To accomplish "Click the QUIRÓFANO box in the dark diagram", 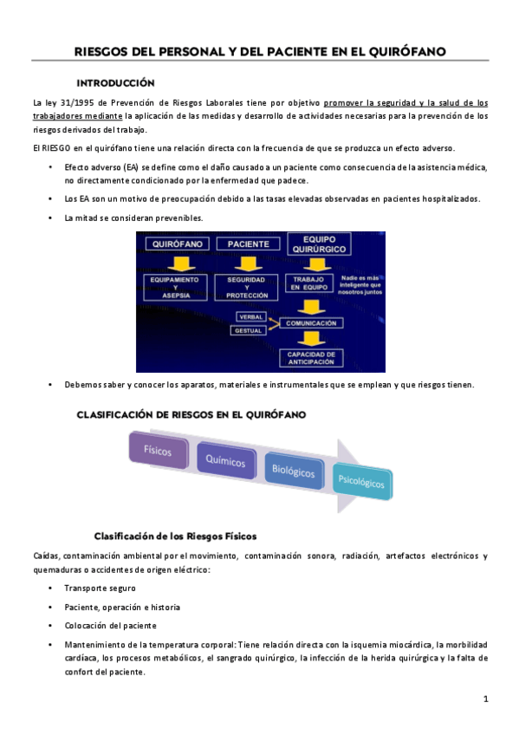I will coord(176,244).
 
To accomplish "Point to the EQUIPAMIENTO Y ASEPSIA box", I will coord(176,286).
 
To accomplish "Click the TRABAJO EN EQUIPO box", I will coord(307,283).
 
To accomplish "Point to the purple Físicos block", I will coord(158,451).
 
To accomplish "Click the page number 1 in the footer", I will coord(486,698).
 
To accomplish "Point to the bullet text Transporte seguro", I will coord(100,588).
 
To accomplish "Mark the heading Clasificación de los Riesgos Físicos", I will coord(175,535).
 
